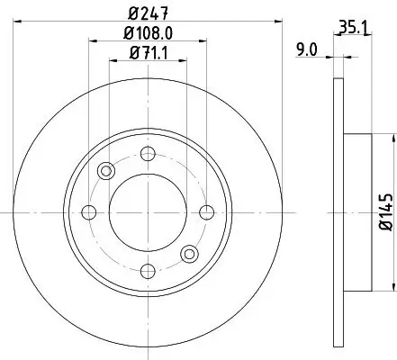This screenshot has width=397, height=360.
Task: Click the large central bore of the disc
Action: [x=148, y=212]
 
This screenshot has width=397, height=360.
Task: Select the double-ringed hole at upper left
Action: [x=106, y=171]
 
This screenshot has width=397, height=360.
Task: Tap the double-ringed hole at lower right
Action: [x=189, y=254]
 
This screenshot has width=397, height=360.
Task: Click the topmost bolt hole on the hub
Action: [x=148, y=154]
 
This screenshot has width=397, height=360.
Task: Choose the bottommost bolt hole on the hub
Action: [x=148, y=271]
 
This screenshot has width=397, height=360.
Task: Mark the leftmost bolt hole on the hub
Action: [x=89, y=212]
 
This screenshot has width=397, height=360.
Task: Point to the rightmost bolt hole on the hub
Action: [x=206, y=212]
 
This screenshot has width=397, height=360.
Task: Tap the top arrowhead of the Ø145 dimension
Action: [x=392, y=138]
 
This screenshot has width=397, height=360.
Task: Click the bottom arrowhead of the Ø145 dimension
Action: [x=392, y=288]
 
